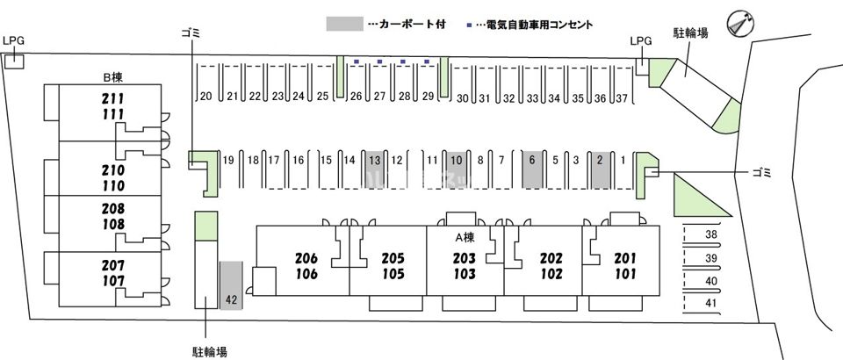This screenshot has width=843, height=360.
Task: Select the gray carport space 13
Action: (375, 167)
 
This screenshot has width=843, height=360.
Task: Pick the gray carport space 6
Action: (532, 167)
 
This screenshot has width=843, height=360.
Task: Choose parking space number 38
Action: (710, 235)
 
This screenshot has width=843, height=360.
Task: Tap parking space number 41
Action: (710, 304)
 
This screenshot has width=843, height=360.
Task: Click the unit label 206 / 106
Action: (306, 266)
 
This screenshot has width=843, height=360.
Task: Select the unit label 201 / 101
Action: (624, 266)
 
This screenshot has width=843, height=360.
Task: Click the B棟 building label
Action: (112, 77)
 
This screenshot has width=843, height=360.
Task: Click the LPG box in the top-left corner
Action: (13, 60)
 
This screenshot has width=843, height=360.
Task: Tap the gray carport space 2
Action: (600, 167)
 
